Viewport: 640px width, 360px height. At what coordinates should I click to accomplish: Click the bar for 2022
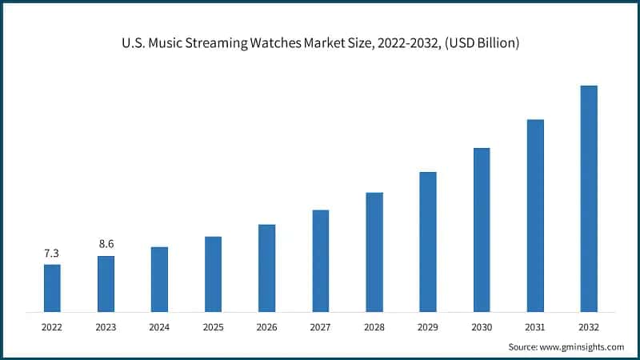click(52, 287)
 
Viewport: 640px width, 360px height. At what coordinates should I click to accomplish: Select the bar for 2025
click(213, 274)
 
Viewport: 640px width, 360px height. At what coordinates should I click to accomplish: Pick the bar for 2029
click(428, 242)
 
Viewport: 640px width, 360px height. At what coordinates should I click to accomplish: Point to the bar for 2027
click(321, 260)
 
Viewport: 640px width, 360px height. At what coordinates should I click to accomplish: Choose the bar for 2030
click(482, 230)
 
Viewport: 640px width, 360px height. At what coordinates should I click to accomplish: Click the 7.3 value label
click(52, 254)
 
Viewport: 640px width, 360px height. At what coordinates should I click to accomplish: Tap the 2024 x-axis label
click(159, 327)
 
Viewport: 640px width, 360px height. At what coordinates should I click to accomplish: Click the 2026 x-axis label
click(266, 327)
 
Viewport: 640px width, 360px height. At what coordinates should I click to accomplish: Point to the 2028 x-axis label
click(374, 327)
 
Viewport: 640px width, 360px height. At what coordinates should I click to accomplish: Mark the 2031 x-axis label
click(535, 327)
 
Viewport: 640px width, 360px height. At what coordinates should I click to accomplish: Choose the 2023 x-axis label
click(106, 327)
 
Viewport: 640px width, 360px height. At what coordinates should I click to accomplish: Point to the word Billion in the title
click(496, 42)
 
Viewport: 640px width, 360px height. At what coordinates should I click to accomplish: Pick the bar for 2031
click(535, 215)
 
